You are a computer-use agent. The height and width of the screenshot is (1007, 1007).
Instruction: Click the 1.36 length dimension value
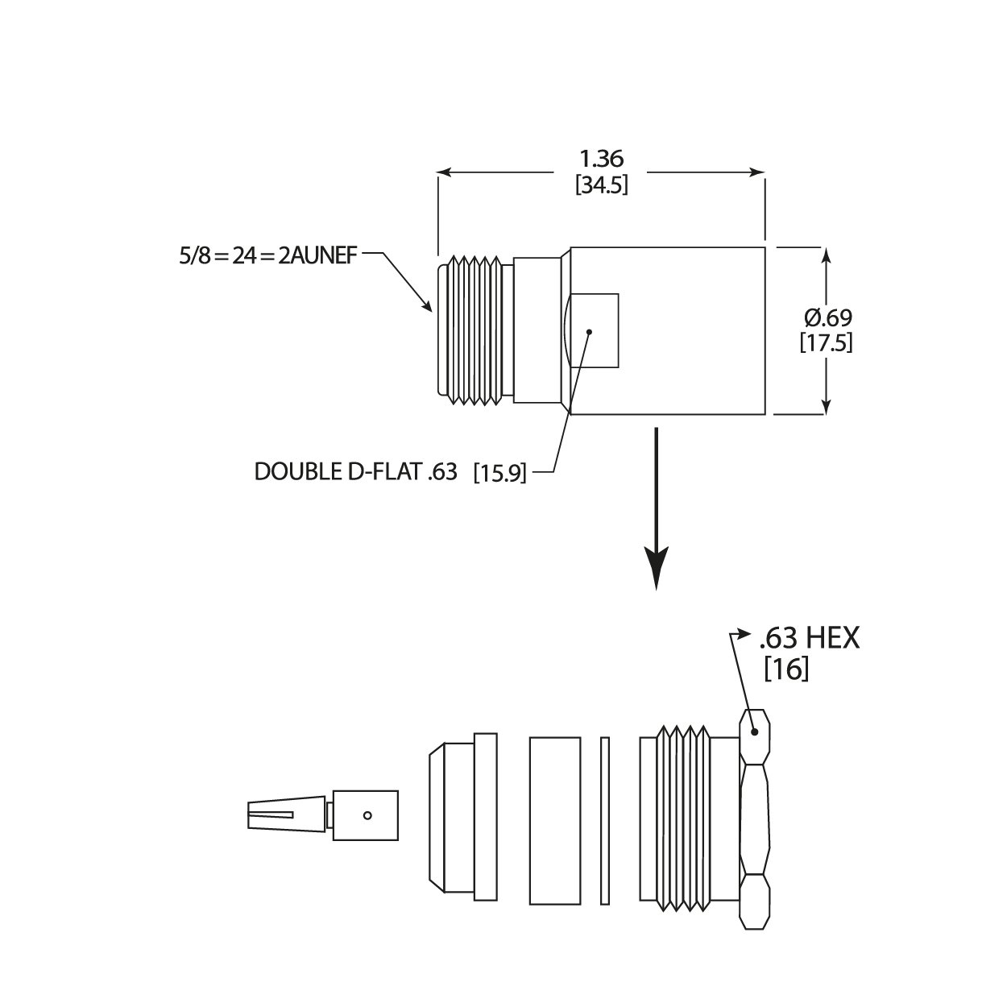(x=601, y=158)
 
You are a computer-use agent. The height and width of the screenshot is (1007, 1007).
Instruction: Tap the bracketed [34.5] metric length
(x=601, y=185)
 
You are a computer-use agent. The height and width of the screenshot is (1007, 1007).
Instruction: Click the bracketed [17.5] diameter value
(x=827, y=342)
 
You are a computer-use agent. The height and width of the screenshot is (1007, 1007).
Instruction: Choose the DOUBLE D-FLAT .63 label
(x=356, y=471)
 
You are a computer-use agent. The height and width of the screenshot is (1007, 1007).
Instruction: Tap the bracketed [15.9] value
(x=500, y=472)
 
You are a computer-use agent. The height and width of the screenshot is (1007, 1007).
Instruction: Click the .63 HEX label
(x=809, y=639)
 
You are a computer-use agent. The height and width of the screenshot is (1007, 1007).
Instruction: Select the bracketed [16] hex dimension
(x=785, y=669)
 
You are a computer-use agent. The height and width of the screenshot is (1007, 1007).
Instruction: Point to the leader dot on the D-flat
(x=590, y=331)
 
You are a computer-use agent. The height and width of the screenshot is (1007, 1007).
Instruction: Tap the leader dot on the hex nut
(x=755, y=732)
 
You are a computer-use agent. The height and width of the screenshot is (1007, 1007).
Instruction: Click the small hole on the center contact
(x=367, y=814)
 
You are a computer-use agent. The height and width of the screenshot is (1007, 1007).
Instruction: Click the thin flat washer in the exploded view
(x=605, y=820)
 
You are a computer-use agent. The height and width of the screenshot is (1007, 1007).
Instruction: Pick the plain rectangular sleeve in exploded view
(x=554, y=820)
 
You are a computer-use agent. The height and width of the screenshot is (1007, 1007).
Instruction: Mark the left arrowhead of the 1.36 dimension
(x=444, y=172)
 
